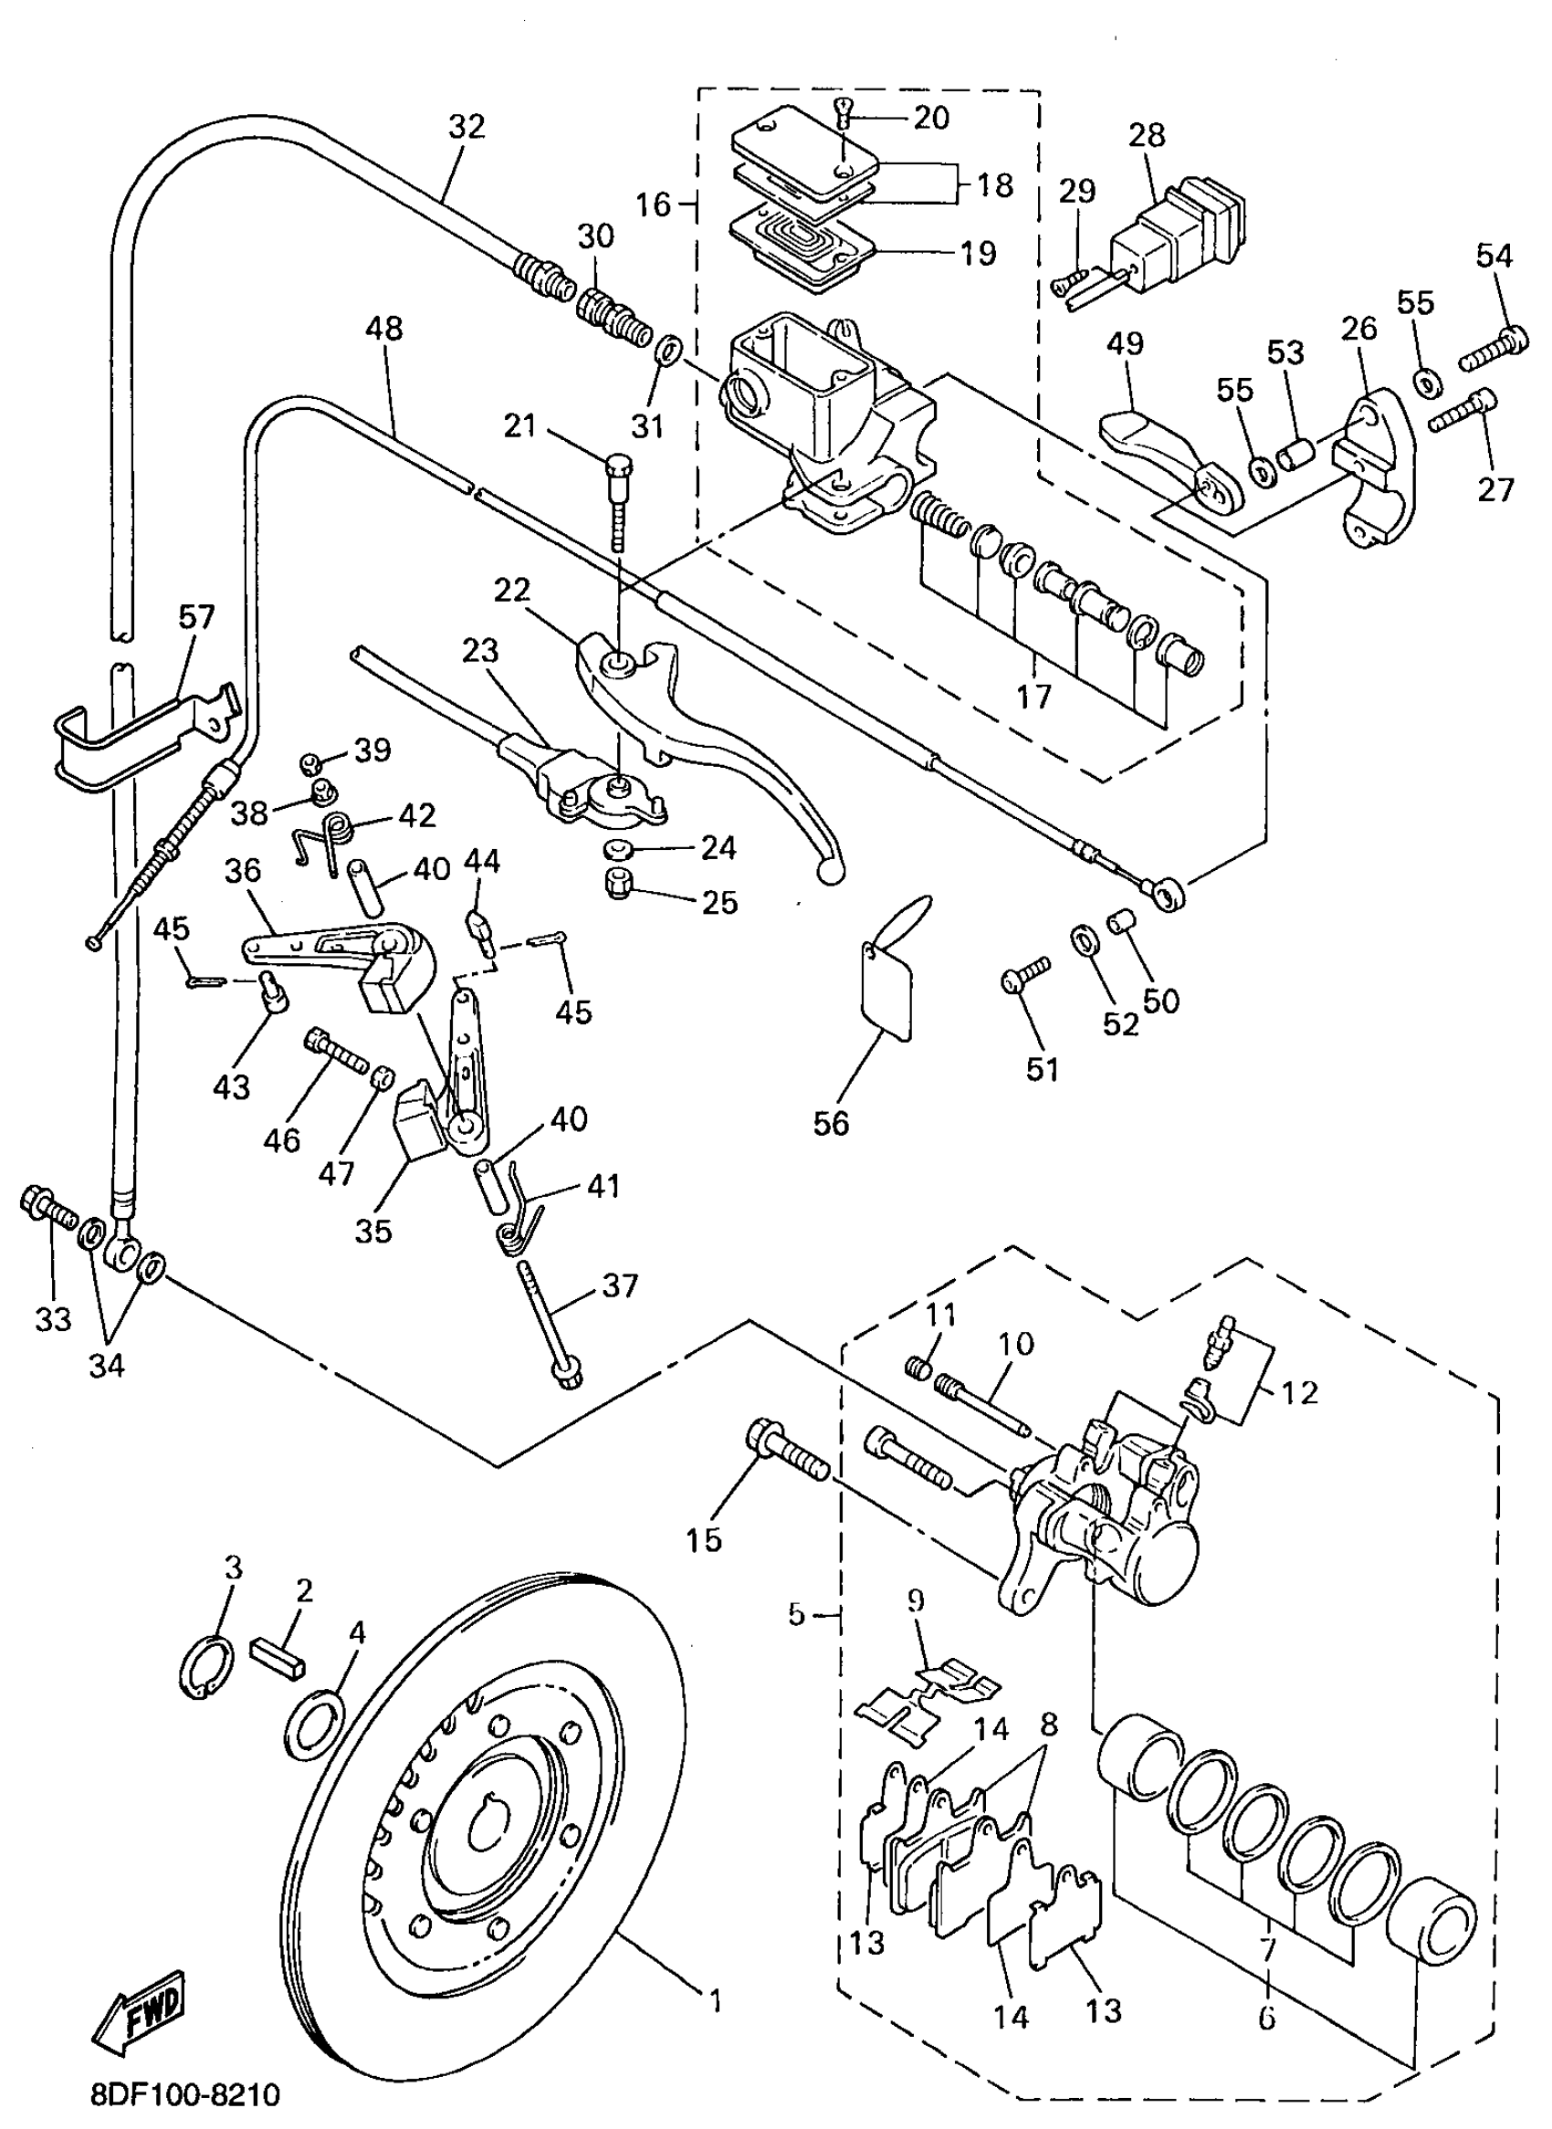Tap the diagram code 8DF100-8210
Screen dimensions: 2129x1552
click(x=185, y=2095)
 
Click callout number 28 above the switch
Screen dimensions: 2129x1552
click(x=1146, y=134)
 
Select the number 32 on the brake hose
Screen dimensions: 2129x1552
click(x=466, y=126)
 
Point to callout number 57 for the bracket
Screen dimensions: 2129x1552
click(x=196, y=617)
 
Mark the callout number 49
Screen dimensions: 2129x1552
click(x=1125, y=344)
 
